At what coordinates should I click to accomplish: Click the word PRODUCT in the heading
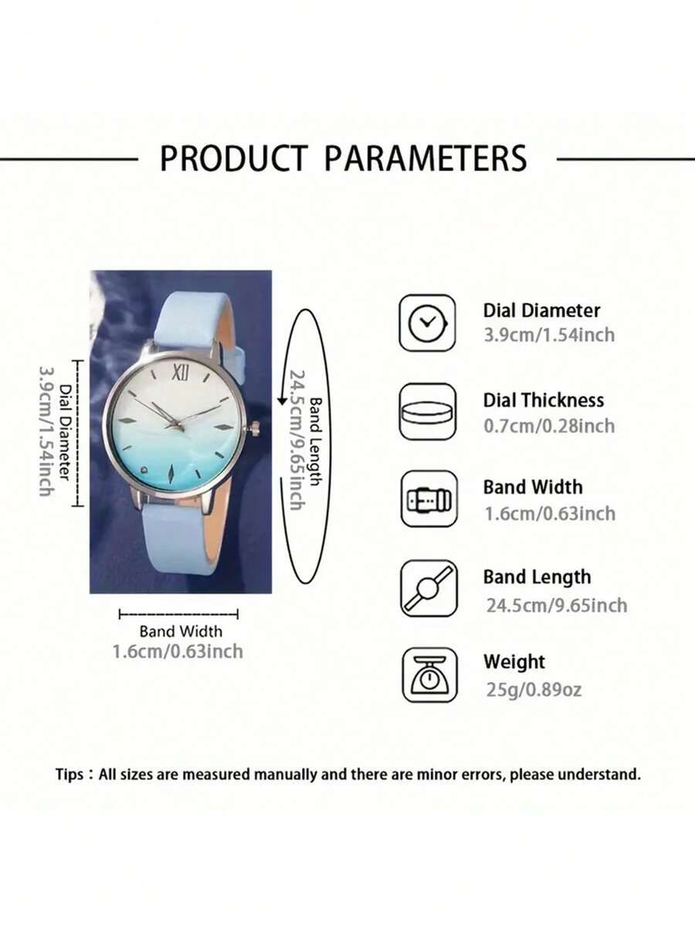[234, 158]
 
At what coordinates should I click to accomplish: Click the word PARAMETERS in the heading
[426, 158]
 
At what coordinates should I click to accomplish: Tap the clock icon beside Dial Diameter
[428, 323]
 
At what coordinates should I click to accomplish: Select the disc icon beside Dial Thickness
[428, 412]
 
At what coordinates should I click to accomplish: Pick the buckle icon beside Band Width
[429, 499]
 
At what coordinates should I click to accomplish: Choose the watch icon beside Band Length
[429, 588]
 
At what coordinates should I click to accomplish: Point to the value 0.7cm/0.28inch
[549, 426]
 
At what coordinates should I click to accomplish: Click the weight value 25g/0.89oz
[534, 689]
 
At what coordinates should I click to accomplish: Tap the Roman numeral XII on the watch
[181, 373]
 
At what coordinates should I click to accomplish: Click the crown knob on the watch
[254, 428]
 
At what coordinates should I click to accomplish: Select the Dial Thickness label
[544, 400]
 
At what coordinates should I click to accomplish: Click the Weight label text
[514, 662]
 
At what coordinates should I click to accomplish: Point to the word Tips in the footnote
[69, 775]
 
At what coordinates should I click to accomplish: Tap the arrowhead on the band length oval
[282, 401]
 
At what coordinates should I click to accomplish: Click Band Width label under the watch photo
[181, 632]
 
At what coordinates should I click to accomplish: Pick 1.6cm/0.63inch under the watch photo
[178, 652]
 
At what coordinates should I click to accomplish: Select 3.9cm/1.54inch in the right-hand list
[549, 335]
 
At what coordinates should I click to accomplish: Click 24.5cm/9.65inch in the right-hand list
[556, 605]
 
